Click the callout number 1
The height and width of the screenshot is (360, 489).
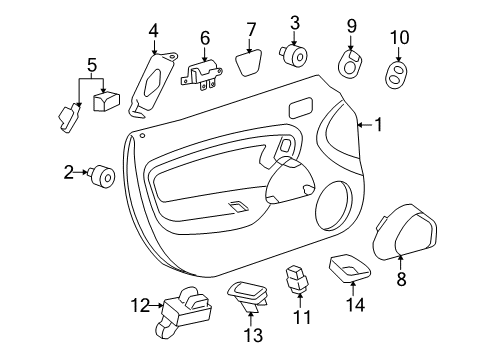[378, 124]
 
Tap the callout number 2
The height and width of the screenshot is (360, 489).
[69, 173]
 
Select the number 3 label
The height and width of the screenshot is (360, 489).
[295, 22]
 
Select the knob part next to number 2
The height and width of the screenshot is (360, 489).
[101, 175]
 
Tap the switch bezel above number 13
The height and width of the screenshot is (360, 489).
[250, 292]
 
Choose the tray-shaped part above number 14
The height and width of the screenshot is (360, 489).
[349, 268]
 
